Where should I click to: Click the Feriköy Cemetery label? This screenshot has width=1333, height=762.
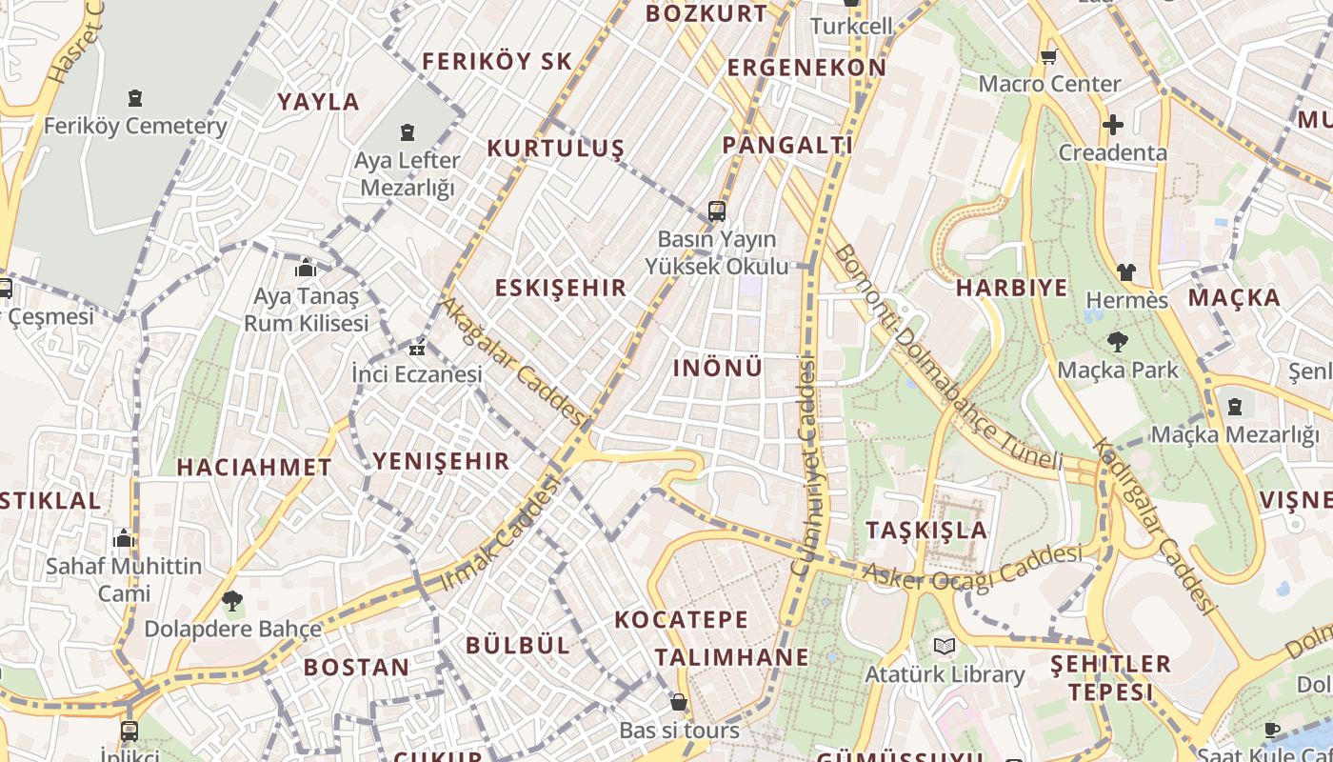(135, 126)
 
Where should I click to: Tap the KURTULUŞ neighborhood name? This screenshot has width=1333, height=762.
(555, 149)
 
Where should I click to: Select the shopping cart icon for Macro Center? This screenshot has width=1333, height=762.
(1049, 56)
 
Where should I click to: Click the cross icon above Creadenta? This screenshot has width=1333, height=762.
(1112, 125)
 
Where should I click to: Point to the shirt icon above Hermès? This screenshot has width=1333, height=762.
(1126, 272)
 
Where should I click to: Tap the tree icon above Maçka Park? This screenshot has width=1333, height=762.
(1117, 341)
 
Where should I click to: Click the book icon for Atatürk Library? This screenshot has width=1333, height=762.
(944, 647)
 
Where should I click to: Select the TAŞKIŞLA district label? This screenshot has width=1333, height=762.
(926, 531)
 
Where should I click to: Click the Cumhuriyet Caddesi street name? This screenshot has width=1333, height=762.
(805, 467)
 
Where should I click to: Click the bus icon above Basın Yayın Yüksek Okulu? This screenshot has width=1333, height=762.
(717, 211)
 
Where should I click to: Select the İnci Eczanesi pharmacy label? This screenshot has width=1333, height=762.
(417, 374)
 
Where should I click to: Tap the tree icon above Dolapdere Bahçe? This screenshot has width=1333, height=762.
(231, 600)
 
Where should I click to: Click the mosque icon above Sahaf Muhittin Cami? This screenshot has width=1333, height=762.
(123, 538)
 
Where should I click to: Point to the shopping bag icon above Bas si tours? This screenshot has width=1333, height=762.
(678, 702)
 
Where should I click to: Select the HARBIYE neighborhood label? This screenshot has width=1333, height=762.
(1011, 288)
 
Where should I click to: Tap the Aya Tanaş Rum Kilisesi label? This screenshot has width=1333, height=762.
(306, 310)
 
